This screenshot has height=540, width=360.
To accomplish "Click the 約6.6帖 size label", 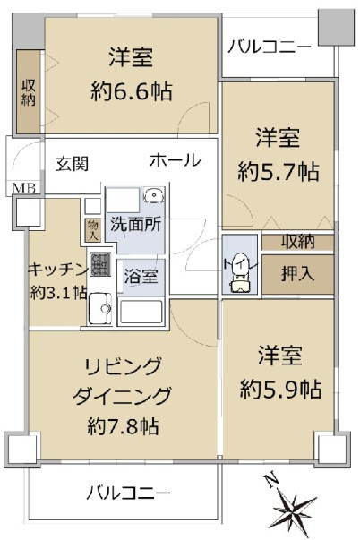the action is (x=132, y=91).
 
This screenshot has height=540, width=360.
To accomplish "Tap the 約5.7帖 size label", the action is (x=278, y=172).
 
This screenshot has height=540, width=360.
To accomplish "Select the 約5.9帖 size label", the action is (x=281, y=390).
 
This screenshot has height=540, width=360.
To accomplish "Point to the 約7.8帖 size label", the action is (x=123, y=426).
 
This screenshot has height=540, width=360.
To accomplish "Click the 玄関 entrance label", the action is (x=73, y=164).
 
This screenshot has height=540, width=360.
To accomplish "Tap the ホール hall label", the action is (x=176, y=160).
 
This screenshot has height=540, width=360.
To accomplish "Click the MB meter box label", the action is (x=24, y=188).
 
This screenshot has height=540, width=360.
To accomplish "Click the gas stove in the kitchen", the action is (x=100, y=264).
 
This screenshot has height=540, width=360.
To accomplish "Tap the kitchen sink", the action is (x=100, y=308).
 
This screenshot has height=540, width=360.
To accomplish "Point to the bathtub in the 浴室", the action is (x=141, y=312).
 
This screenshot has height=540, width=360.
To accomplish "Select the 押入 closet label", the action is (x=298, y=274).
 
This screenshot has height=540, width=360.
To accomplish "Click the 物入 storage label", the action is (x=93, y=230).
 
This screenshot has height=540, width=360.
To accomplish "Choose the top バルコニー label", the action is (x=270, y=47).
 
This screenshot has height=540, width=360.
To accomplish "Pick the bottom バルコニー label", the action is (x=128, y=493).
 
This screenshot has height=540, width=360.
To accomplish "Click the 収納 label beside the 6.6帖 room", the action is (x=29, y=92).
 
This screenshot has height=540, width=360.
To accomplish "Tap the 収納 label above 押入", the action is (x=298, y=242).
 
